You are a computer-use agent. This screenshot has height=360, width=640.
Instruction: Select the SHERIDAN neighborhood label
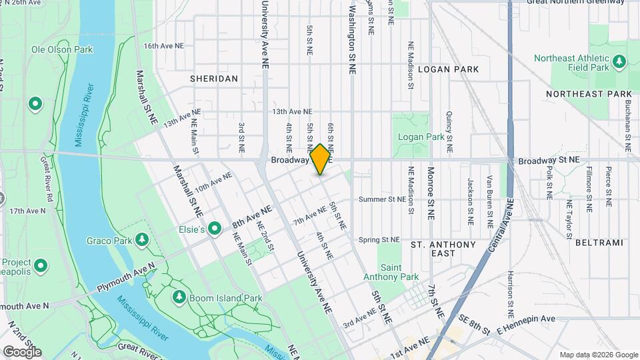(x=213, y=79)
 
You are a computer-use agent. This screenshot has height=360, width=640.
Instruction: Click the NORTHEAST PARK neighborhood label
(x=588, y=94)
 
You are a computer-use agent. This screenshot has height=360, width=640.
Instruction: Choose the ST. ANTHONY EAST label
(x=443, y=249)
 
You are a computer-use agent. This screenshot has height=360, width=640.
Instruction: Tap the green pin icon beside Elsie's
(x=215, y=229)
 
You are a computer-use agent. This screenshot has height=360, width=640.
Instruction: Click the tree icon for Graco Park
(x=141, y=239)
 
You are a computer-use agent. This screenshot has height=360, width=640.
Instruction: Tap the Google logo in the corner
(x=21, y=351)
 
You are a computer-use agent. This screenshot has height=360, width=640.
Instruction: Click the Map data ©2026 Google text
(x=598, y=355)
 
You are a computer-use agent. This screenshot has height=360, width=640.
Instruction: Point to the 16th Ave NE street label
(x=163, y=46)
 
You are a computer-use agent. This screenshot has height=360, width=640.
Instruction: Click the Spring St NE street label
(x=378, y=239)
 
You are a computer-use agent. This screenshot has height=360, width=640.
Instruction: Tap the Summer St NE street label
(x=381, y=199)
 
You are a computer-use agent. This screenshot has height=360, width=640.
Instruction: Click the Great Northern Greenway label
(x=584, y=2)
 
